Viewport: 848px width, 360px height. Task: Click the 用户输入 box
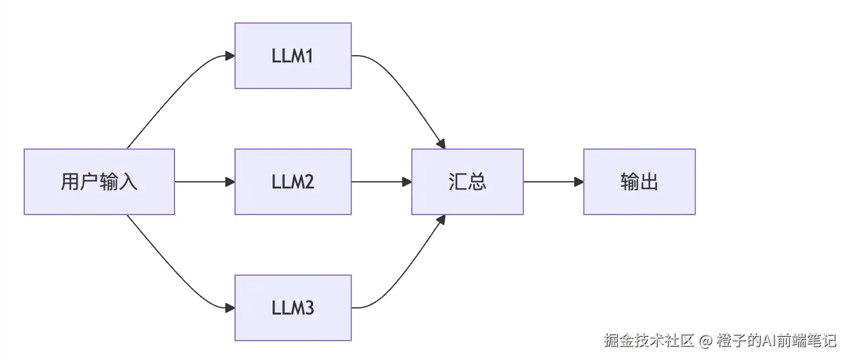click(99, 182)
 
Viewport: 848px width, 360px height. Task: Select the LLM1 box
click(293, 56)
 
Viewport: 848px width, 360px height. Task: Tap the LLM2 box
click(293, 182)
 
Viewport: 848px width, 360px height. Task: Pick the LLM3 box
click(293, 308)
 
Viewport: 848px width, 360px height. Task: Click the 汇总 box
click(468, 182)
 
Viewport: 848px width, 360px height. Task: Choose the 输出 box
click(640, 182)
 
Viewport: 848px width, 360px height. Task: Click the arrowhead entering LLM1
click(230, 56)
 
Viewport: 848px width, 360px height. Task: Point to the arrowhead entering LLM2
click(230, 182)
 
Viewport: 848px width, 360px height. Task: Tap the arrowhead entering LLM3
click(230, 308)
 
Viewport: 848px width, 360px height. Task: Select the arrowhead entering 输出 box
click(578, 182)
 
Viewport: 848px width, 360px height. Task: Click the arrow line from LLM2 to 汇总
click(379, 182)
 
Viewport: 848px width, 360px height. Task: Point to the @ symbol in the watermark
click(706, 341)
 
